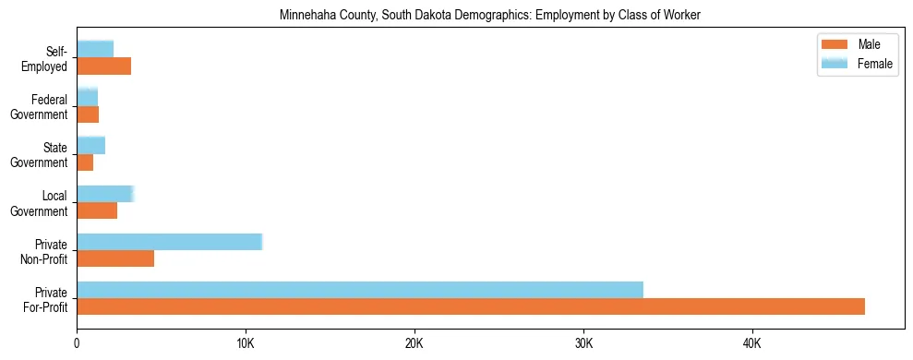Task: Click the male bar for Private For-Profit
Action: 471,306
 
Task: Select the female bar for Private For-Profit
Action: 360,290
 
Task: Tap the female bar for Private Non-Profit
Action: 170,242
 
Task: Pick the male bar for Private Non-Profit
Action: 115,258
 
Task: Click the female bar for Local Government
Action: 105,194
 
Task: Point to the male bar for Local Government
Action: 97,210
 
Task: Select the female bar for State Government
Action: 90,145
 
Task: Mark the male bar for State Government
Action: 85,162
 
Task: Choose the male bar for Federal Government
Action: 88,114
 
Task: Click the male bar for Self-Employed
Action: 103,66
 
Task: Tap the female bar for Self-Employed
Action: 95,49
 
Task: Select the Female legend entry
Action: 859,63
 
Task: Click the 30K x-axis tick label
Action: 583,344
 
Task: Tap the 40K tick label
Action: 751,344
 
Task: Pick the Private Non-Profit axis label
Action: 46,250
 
